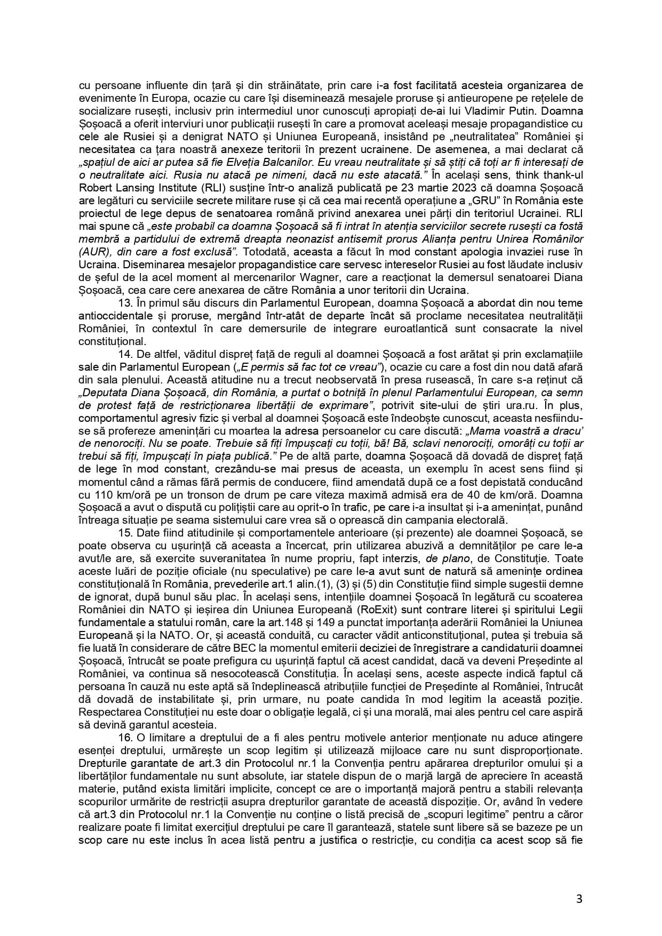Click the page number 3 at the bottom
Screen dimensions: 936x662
[579, 899]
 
